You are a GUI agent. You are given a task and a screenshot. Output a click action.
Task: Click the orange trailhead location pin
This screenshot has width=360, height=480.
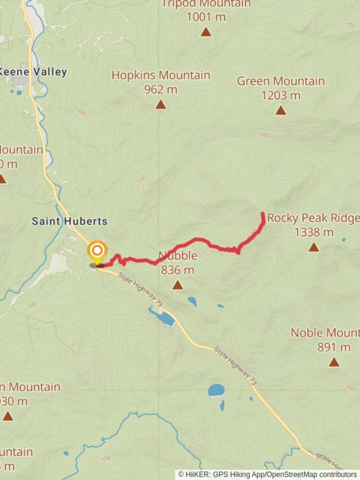(97, 251)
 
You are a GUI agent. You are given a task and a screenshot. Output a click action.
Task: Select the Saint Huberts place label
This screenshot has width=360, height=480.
(69, 221)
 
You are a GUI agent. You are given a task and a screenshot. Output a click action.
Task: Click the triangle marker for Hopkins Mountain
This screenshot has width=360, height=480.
(161, 104)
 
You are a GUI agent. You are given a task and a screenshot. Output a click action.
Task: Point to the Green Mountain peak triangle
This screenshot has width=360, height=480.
(280, 110)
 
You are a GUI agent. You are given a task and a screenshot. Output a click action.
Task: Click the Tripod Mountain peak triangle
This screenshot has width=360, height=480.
(205, 32)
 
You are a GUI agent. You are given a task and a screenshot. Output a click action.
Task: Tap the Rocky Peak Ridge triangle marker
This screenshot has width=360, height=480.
(314, 247)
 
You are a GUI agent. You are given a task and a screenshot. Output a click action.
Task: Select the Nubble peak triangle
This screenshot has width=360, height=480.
(178, 285)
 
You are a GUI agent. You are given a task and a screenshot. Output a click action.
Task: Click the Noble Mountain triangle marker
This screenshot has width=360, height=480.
(334, 362)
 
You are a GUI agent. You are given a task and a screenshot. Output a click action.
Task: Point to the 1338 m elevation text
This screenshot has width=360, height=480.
(314, 232)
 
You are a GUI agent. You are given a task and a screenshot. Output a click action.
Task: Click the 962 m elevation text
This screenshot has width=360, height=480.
(160, 90)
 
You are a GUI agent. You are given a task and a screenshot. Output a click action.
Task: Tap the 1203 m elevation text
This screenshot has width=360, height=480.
(280, 96)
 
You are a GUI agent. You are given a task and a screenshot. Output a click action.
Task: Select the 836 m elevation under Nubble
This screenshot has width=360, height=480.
(178, 270)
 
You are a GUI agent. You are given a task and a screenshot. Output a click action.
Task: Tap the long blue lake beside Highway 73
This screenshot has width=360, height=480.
(163, 317)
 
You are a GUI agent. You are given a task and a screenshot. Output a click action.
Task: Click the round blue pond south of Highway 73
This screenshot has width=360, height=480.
(216, 391)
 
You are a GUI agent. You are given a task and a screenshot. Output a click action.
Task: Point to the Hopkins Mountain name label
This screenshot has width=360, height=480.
(160, 75)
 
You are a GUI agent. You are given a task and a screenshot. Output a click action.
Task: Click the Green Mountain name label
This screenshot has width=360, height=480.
(280, 81)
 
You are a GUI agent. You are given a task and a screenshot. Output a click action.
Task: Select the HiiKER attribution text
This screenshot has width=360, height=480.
(268, 474)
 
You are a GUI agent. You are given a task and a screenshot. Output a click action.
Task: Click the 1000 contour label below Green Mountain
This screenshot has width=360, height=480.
(264, 135)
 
